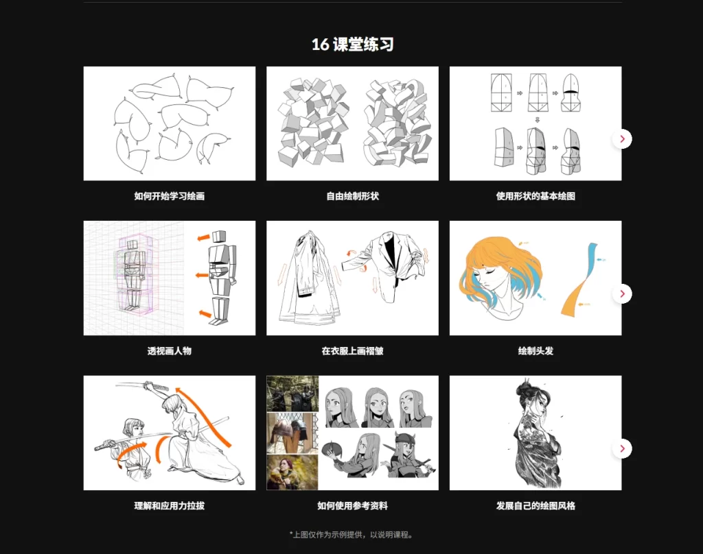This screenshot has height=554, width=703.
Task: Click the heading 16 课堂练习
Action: (352, 45)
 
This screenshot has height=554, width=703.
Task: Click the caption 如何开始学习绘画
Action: (169, 196)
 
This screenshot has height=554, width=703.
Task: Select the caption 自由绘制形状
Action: (352, 196)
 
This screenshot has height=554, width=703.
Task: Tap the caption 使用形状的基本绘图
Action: (535, 196)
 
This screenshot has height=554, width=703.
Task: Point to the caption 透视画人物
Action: (169, 351)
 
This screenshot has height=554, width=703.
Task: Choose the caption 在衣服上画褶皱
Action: (352, 351)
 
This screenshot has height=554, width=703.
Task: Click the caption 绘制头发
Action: (535, 351)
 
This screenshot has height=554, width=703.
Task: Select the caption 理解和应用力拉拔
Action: (169, 506)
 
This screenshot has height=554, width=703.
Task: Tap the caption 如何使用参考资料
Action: (352, 506)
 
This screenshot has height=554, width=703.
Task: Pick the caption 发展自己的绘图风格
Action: (535, 506)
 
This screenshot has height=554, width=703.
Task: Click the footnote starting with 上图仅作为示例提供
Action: (352, 535)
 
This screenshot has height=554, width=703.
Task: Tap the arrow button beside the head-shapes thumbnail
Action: (622, 139)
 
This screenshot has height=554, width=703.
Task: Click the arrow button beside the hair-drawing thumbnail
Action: (622, 294)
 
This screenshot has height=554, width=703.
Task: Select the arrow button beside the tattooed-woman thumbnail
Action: (622, 449)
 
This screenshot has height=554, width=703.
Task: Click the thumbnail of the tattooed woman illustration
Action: (535, 433)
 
